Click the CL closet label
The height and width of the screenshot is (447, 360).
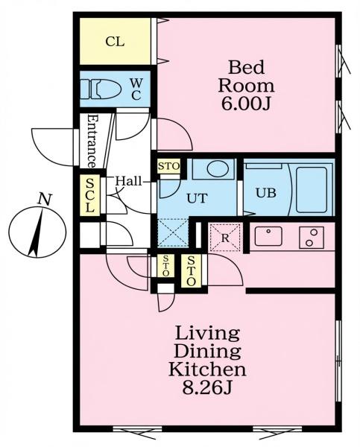[x=115, y=42]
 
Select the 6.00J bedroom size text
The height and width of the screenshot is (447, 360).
[x=246, y=104]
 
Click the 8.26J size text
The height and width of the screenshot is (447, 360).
[x=206, y=387]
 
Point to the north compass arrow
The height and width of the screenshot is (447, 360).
[x=37, y=232]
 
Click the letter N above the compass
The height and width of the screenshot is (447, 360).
[x=45, y=199]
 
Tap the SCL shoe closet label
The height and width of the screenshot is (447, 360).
[x=89, y=195]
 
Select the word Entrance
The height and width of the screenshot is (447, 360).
[x=92, y=142]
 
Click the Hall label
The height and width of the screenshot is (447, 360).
[x=128, y=181]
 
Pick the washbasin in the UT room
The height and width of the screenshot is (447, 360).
[x=216, y=169]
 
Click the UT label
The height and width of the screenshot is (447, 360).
[x=197, y=198]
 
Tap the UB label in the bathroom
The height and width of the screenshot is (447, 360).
[x=266, y=193]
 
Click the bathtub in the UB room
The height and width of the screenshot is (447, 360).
[x=312, y=189]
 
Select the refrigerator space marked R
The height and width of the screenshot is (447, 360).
[x=225, y=238]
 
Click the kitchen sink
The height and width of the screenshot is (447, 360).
[x=268, y=236]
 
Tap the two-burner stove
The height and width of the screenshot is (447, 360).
[x=312, y=237]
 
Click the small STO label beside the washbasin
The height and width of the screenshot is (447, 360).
[x=169, y=166]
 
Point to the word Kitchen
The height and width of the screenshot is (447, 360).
[x=207, y=369]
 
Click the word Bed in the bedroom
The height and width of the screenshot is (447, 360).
[x=246, y=68]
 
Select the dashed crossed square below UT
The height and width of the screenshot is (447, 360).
[x=173, y=232]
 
